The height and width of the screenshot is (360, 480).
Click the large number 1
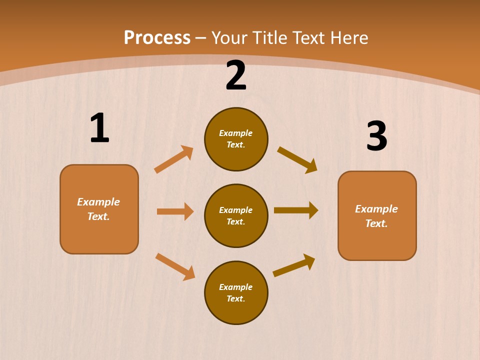click(x=99, y=128)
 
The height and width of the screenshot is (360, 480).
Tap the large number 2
click(x=236, y=75)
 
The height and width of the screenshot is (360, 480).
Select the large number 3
click(x=377, y=136)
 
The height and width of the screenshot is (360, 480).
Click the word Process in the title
click(x=157, y=38)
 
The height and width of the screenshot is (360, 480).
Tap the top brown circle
click(x=236, y=139)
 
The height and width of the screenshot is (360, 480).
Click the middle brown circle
click(x=236, y=215)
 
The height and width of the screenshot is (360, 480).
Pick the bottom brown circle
click(x=236, y=292)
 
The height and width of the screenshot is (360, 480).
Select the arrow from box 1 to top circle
click(x=174, y=159)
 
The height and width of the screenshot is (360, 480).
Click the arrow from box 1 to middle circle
click(x=175, y=211)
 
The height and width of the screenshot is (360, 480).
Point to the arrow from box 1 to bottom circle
click(x=175, y=266)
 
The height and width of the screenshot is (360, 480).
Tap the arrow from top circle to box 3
click(x=297, y=159)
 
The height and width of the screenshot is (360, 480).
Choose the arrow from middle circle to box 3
click(x=296, y=210)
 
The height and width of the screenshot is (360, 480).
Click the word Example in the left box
click(x=98, y=202)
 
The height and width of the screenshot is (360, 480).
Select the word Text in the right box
click(x=375, y=223)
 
